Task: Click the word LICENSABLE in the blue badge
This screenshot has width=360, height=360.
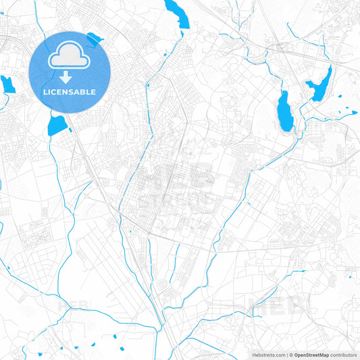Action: pyautogui.click(x=70, y=92)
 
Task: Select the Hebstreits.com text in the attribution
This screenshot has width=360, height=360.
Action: pyautogui.click(x=267, y=355)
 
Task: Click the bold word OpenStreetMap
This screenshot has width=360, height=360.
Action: pyautogui.click(x=311, y=355)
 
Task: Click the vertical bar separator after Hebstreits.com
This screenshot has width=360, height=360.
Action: pyautogui.click(x=285, y=355)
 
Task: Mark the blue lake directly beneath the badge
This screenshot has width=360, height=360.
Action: pyautogui.click(x=57, y=125)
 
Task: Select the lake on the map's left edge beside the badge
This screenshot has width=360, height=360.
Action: pyautogui.click(x=7, y=84)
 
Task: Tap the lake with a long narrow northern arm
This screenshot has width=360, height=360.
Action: pyautogui.click(x=319, y=86)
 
